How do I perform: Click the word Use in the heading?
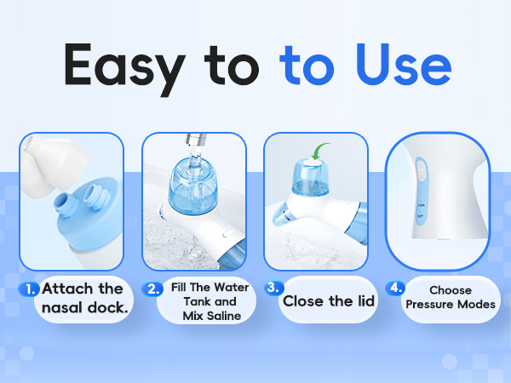(399, 66)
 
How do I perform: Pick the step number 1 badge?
(29, 289)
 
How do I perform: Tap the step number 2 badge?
(154, 289)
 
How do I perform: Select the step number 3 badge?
(273, 287)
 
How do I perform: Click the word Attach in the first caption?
(70, 289)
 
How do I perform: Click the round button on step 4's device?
(420, 171)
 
